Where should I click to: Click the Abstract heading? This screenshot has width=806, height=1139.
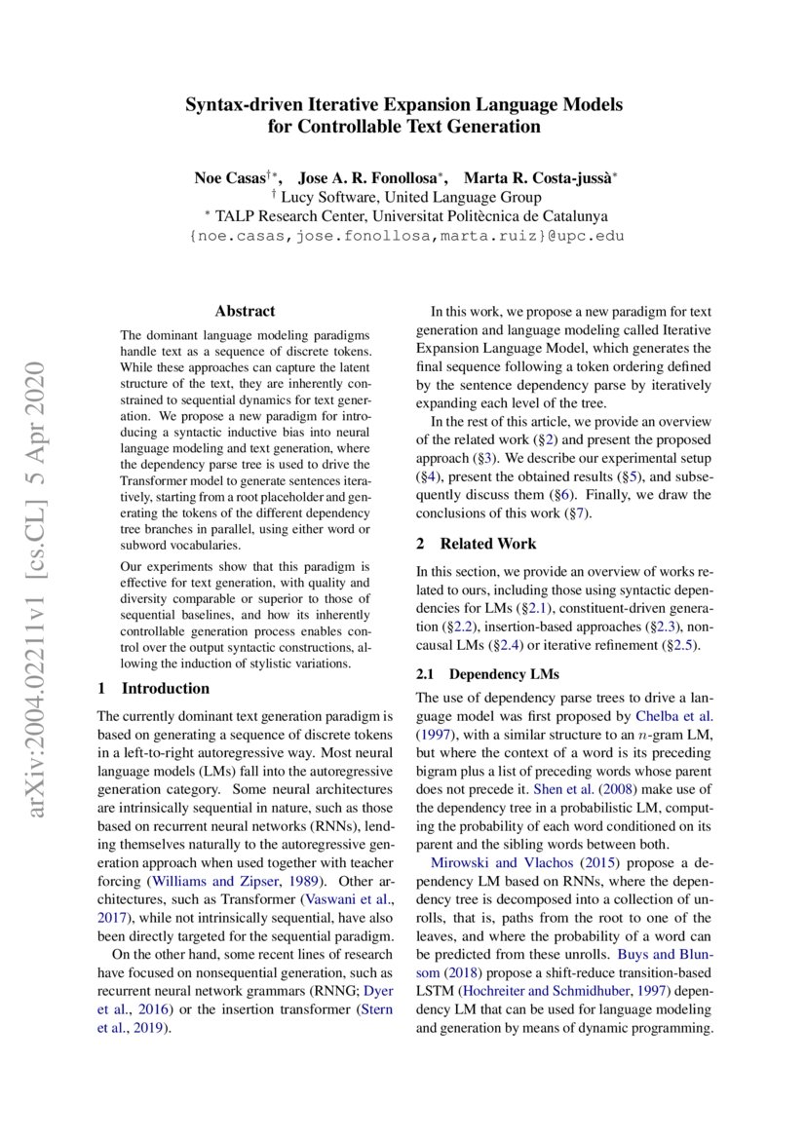point(245,312)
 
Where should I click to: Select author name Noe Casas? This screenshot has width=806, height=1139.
point(231,178)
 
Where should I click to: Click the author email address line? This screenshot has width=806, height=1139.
point(403,236)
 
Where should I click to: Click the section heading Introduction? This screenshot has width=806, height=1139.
point(165,688)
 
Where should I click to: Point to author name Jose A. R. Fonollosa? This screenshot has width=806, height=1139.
point(371,178)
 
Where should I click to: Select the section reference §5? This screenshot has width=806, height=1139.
point(634,476)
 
